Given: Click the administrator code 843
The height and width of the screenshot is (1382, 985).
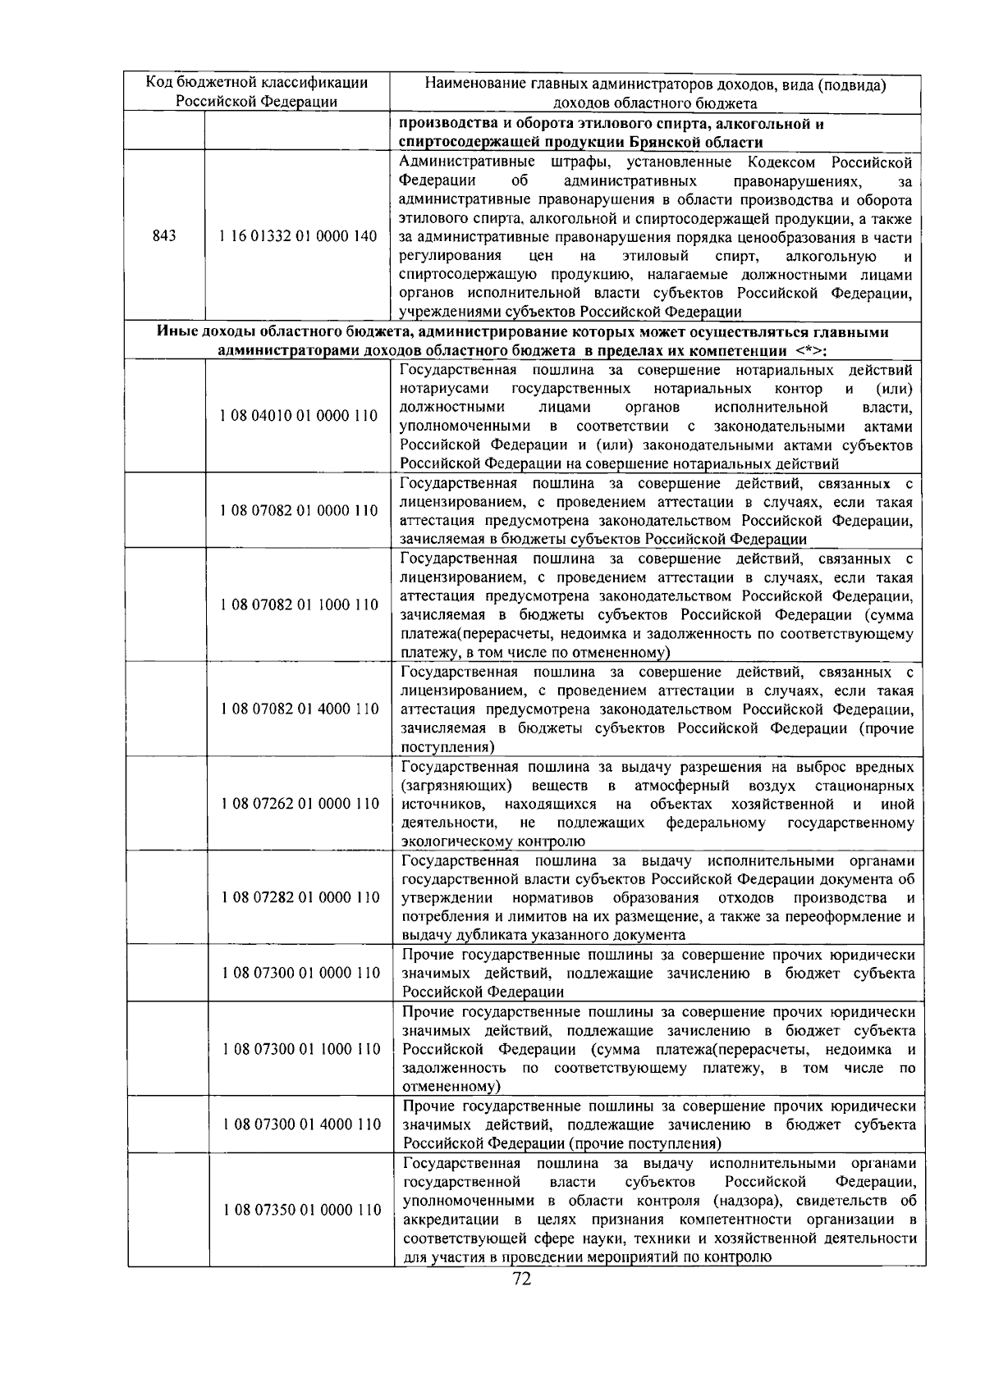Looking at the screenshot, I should tap(164, 236).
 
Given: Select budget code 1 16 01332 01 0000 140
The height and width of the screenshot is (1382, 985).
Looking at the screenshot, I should tap(298, 236).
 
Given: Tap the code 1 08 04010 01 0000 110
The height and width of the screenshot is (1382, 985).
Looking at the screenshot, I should tap(299, 416).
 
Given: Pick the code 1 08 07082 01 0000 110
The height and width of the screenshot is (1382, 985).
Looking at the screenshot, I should tap(299, 510).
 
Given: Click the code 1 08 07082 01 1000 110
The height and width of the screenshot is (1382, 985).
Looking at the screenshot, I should tap(299, 604).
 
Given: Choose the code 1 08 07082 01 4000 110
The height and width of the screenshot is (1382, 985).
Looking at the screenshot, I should tap(299, 709).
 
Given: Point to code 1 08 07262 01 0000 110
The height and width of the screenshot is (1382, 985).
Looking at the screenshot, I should tap(300, 803).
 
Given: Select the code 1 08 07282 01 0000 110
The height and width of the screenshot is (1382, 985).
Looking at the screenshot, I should tap(300, 897).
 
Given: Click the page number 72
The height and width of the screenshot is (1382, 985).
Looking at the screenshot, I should tap(521, 1279).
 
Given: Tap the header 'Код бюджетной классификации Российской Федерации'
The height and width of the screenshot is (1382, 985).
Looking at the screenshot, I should tap(257, 92).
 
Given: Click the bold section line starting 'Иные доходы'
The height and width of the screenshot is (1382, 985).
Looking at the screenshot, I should tap(522, 332).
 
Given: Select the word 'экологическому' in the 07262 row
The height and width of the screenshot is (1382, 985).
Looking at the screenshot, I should tap(447, 842).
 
